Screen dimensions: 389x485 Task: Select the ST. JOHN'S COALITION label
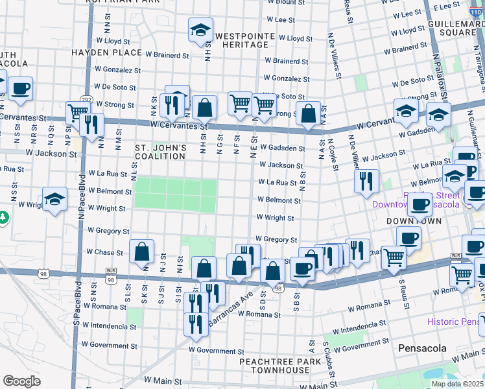click(160, 152)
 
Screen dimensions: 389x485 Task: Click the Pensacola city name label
click(422, 348)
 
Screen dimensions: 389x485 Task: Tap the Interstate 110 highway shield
click(475, 9)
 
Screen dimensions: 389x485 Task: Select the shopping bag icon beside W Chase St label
click(141, 252)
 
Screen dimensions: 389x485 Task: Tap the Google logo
click(21, 381)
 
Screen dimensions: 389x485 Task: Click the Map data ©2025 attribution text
click(458, 384)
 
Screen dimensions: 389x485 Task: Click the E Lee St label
click(447, 6)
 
